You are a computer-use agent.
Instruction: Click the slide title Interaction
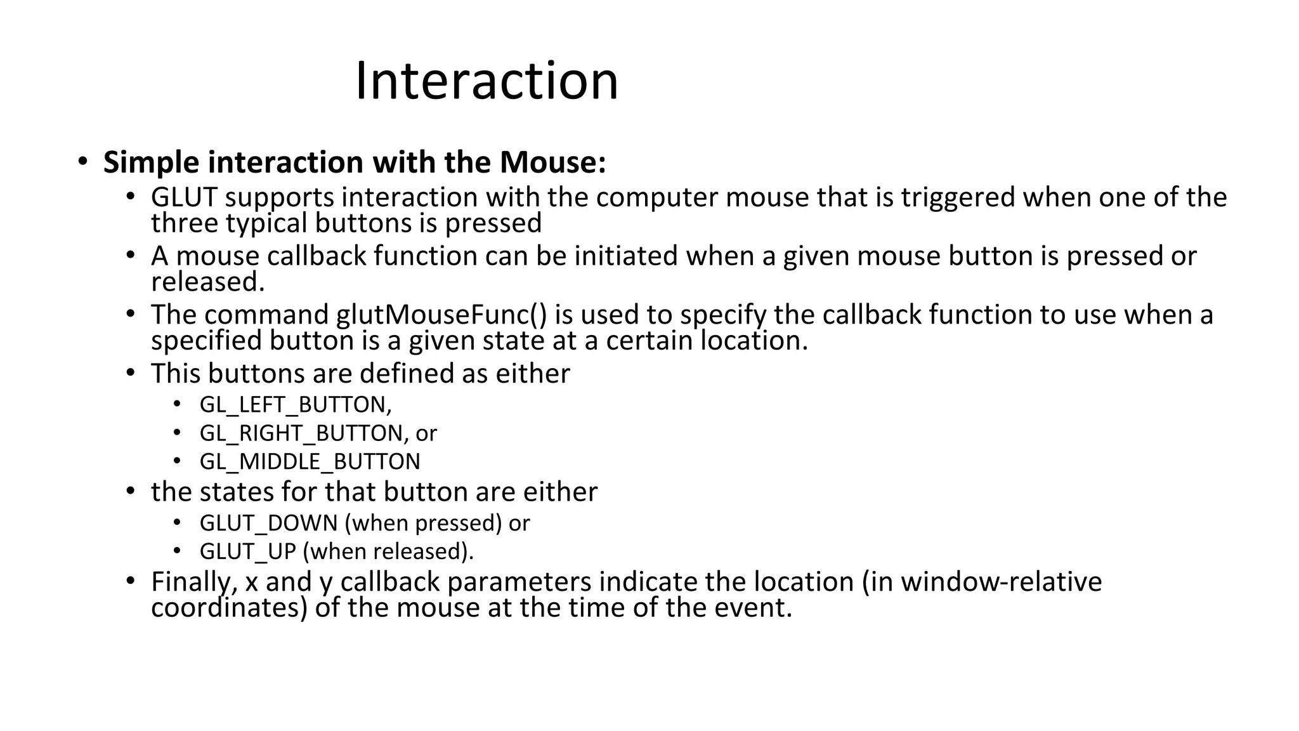pyautogui.click(x=486, y=81)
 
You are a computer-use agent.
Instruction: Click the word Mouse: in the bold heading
pyautogui.click(x=552, y=162)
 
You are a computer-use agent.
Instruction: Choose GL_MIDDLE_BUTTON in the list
pyautogui.click(x=310, y=462)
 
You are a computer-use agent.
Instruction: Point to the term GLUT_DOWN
pyautogui.click(x=268, y=523)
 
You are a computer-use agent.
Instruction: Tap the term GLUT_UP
pyautogui.click(x=247, y=551)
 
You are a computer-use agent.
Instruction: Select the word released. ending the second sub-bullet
pyautogui.click(x=207, y=282)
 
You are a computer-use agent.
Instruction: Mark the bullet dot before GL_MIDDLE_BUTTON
pyautogui.click(x=178, y=461)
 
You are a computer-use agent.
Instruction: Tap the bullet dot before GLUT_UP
pyautogui.click(x=178, y=550)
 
